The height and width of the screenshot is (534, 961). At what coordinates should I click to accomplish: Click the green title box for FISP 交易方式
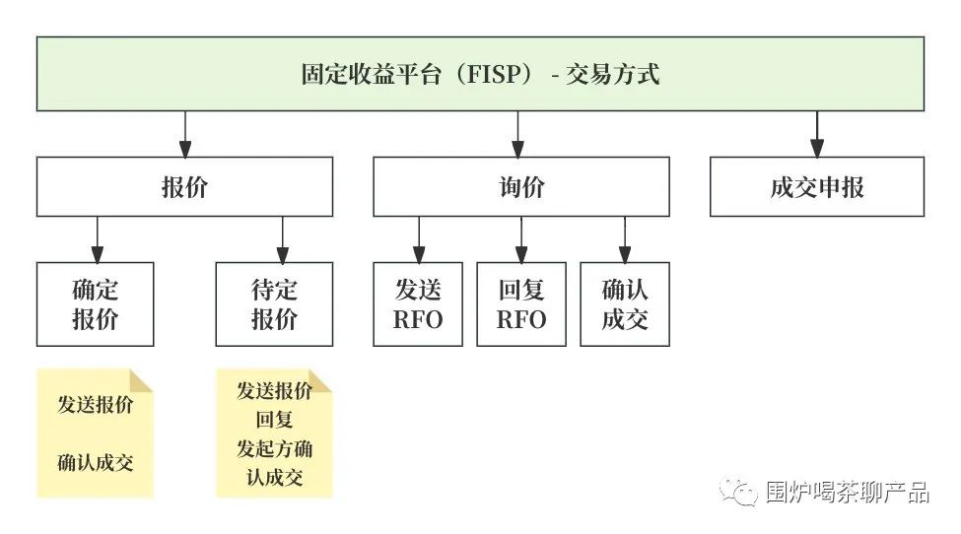pos(480,74)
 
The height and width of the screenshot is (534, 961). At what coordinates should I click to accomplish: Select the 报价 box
pos(184,186)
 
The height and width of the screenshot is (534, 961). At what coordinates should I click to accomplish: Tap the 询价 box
pos(520,186)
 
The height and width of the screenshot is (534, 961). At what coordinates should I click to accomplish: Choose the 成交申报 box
pos(817,186)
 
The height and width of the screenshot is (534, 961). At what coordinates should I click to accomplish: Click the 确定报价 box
pos(96,304)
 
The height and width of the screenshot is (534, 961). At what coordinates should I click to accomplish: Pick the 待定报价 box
pos(274,304)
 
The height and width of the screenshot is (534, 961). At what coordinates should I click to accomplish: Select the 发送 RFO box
pos(418,304)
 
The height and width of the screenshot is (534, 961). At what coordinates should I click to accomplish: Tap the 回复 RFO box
pos(521,304)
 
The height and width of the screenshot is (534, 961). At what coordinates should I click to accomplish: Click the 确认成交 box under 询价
pos(625,304)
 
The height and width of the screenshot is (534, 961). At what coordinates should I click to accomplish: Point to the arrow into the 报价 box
pos(184,135)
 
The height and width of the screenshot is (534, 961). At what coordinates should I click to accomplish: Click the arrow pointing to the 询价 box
pos(519,135)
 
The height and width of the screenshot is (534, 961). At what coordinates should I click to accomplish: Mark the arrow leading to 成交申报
pos(817,135)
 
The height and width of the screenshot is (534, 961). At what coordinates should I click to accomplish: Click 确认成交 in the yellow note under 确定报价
pos(96,461)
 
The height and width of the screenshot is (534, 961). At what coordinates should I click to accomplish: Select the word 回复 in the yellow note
pos(274,420)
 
